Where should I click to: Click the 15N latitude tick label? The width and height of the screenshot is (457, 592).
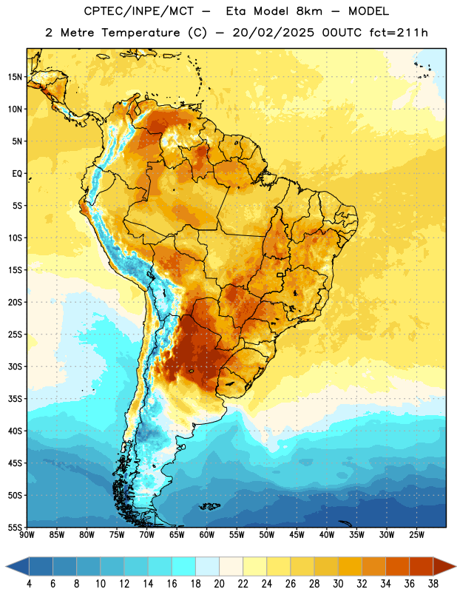coord(15,77)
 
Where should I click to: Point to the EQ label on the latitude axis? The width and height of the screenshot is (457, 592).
coord(17,174)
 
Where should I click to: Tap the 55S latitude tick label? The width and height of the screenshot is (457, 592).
coord(15,528)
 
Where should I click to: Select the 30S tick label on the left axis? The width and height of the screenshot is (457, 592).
coord(15,366)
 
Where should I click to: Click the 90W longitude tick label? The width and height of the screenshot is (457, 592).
coord(27,535)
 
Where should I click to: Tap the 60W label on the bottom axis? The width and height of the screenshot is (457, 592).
coord(207,535)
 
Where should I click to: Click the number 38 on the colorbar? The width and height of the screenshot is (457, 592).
coord(433,584)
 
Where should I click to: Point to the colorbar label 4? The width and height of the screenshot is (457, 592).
coord(29,584)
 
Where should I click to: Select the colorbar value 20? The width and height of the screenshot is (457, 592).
coord(219,584)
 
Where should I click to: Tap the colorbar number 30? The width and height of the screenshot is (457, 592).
coord(338,584)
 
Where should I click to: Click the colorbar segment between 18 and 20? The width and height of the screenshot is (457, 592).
coord(208,567)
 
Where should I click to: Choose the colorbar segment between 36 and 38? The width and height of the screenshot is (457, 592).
coord(422,567)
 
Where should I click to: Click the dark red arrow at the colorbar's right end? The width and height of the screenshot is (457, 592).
coord(444,567)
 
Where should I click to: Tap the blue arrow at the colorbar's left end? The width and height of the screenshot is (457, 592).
coord(17,567)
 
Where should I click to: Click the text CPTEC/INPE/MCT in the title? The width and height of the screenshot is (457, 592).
coord(139,12)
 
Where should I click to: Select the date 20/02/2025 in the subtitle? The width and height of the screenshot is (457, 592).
coord(273,33)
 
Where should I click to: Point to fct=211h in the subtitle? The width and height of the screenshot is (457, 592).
coord(399,33)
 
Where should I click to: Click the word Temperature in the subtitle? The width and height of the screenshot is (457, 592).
coord(141,33)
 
